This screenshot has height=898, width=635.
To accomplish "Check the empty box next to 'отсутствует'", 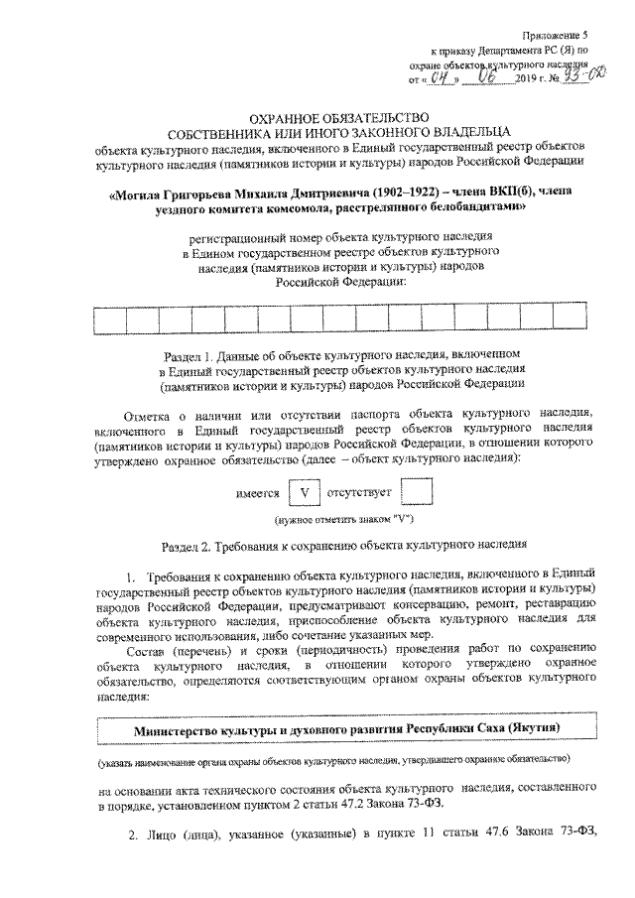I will [x=421, y=492].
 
